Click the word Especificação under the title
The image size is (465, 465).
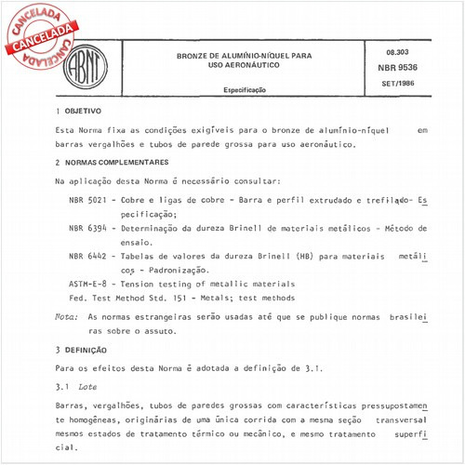click(244, 90)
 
